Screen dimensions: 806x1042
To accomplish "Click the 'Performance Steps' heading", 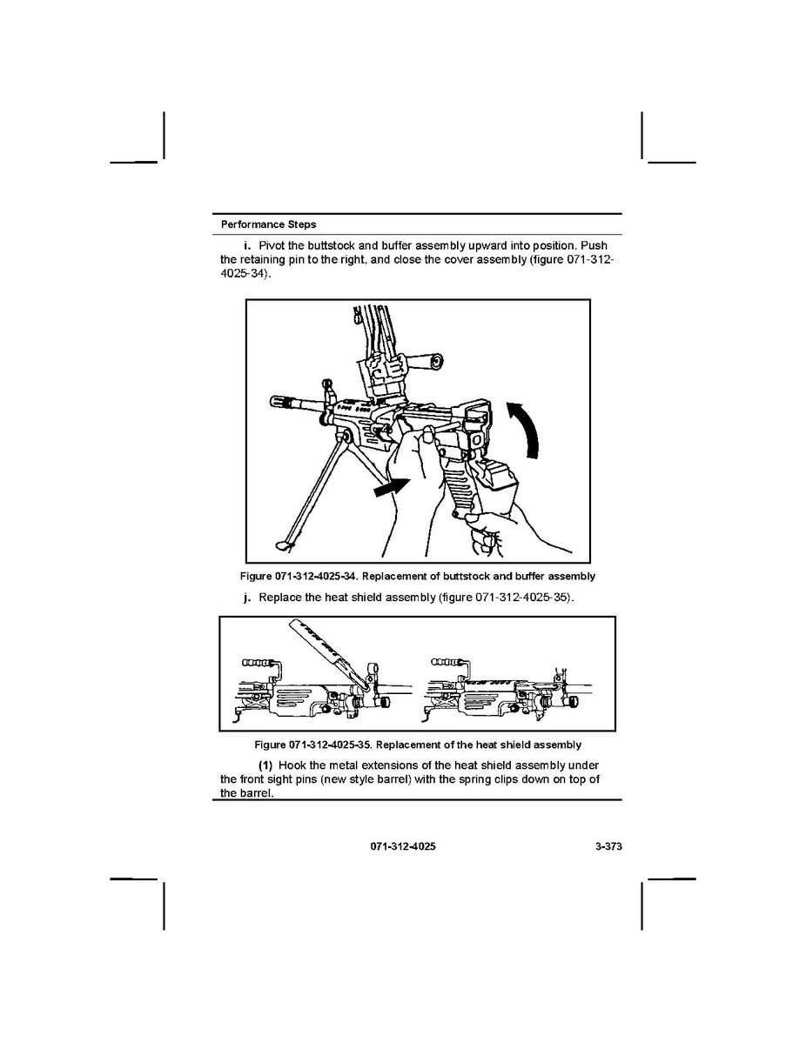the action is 269,224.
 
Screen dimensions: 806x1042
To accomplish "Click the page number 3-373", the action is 608,846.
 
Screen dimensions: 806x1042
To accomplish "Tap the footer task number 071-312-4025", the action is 403,846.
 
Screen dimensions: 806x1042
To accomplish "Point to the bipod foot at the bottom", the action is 283,545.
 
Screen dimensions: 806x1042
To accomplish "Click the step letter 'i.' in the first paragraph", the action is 247,246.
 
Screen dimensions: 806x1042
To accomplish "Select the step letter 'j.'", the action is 247,598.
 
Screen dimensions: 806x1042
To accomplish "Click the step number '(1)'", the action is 265,765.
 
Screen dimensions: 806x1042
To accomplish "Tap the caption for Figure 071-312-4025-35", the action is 418,745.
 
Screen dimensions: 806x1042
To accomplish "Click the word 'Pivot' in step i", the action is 272,246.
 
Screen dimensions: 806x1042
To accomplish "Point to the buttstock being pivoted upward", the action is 494,475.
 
